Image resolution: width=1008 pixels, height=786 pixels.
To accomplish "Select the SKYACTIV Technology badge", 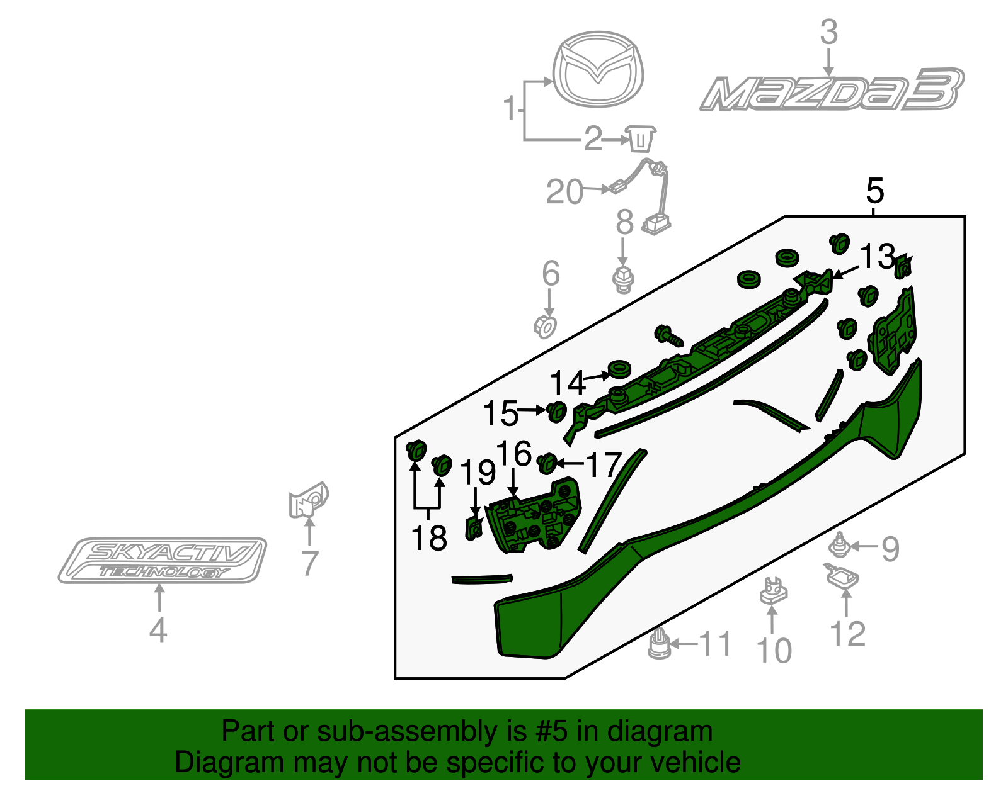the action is (x=162, y=560).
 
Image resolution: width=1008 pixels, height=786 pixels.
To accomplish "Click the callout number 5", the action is (x=875, y=191).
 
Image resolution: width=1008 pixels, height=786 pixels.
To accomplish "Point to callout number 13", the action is (x=877, y=256).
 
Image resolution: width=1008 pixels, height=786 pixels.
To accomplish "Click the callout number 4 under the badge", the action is (x=158, y=630).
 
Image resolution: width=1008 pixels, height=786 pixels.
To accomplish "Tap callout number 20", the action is (x=564, y=192).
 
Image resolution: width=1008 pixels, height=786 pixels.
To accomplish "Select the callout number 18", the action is (x=429, y=538).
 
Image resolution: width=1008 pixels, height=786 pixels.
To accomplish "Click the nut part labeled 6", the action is (x=546, y=327).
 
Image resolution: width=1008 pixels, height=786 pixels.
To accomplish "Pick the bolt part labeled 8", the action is (x=623, y=280).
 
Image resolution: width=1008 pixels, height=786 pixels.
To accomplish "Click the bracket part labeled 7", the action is (x=308, y=501).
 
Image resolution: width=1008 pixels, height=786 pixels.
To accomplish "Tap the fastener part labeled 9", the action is (x=838, y=546).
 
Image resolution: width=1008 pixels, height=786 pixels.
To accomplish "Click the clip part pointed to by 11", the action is (x=659, y=644).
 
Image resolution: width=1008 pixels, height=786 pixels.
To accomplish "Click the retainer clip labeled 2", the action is (x=640, y=138).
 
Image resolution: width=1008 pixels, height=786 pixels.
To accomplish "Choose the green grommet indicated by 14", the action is (x=620, y=369).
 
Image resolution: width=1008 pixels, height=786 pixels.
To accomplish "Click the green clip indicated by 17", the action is (x=547, y=464).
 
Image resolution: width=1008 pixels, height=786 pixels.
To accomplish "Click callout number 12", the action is (x=848, y=634).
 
